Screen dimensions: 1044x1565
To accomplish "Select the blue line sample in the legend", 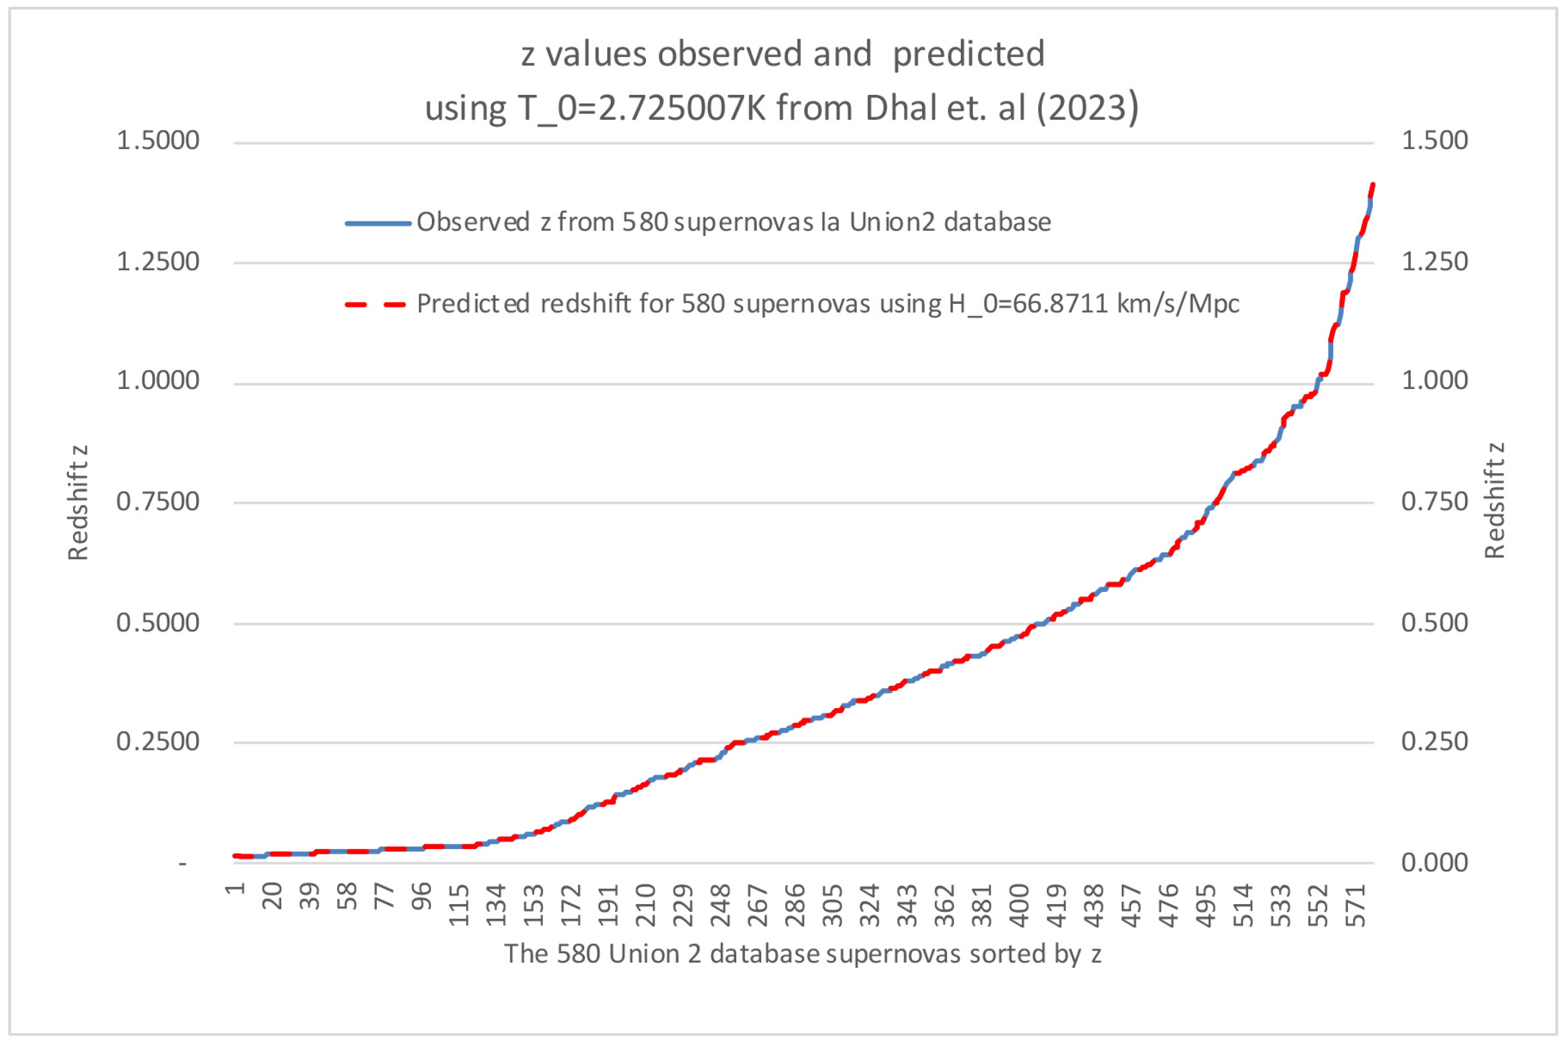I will click(x=378, y=223).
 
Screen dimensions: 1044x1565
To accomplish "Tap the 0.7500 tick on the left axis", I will click(x=158, y=501).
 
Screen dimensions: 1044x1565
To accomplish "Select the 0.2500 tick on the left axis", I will click(x=158, y=741).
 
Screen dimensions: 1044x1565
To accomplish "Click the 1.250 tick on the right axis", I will click(x=1434, y=261).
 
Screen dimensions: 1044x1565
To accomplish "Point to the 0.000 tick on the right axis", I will click(x=1434, y=862).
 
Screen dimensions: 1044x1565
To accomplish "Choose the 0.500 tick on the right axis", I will click(x=1434, y=622).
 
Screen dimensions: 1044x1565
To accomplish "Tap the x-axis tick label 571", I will click(x=1357, y=906).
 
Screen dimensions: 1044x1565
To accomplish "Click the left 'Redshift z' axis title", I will click(x=78, y=503).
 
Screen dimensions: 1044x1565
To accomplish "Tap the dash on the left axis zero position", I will click(x=183, y=863).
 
